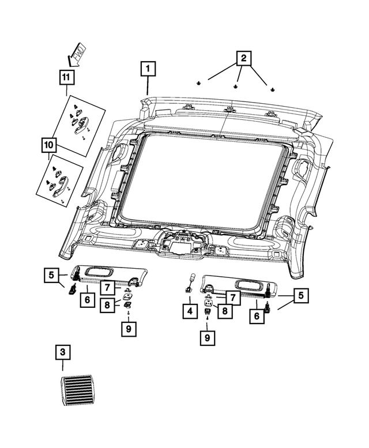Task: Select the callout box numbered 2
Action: [243, 58]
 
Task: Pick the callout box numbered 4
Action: [188, 312]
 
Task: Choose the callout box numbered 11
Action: [66, 76]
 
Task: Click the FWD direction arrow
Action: [75, 54]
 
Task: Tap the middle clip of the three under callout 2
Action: [236, 87]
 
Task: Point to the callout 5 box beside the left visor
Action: [51, 276]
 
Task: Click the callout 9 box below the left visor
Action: [128, 329]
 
